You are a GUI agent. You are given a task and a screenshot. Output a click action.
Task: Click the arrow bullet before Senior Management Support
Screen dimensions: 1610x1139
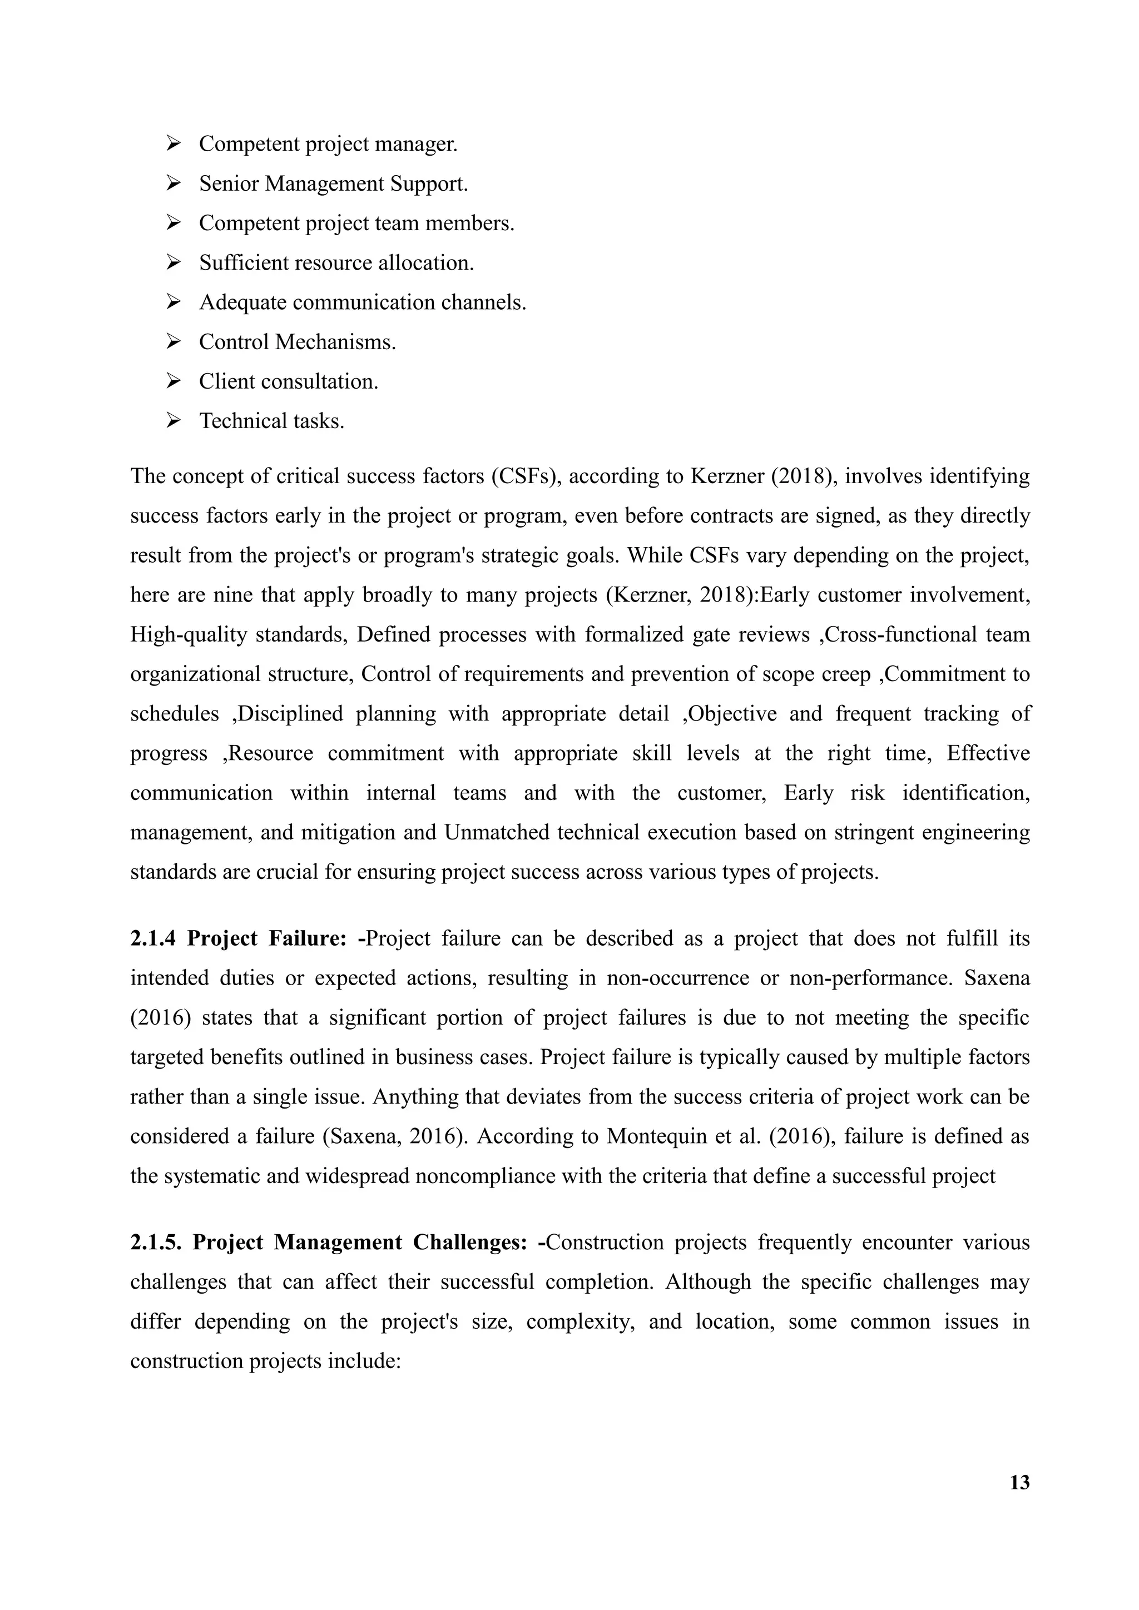click(173, 183)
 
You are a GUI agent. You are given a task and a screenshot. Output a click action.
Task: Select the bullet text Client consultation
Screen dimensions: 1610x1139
click(288, 381)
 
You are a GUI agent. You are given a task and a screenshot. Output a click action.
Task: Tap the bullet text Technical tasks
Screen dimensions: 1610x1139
click(271, 421)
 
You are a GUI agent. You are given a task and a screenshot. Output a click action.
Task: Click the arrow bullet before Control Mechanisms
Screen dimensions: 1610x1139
click(173, 342)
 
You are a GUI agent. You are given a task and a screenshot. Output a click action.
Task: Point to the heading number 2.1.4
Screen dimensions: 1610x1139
click(152, 938)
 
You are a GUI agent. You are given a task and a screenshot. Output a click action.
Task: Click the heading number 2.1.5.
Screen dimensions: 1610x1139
click(155, 1242)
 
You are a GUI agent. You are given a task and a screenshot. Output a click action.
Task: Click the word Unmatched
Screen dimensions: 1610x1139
click(489, 832)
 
